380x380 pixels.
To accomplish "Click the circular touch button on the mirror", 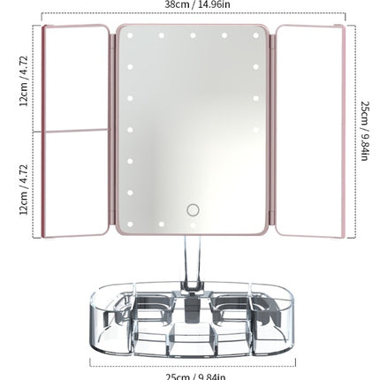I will (x=193, y=210).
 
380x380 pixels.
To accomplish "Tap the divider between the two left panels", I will (x=77, y=131).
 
